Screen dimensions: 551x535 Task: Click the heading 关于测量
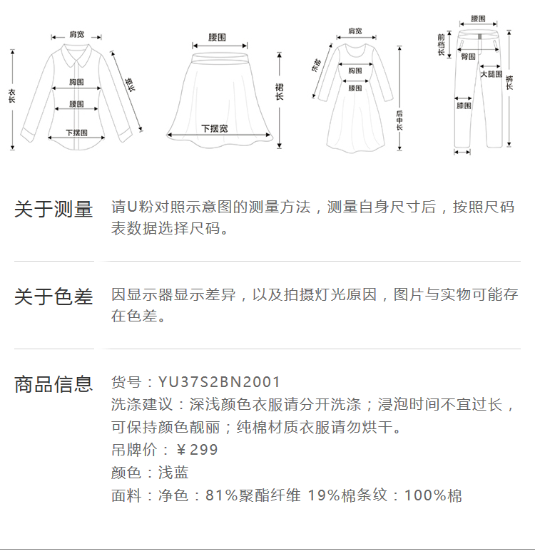click(x=53, y=210)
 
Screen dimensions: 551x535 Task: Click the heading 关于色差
click(x=53, y=297)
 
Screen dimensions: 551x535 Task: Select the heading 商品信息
click(x=53, y=384)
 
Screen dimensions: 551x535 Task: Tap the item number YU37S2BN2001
click(x=220, y=382)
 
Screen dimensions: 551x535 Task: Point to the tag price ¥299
click(x=197, y=450)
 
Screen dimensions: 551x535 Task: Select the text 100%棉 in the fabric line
click(x=433, y=495)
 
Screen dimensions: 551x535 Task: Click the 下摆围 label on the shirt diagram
click(x=76, y=133)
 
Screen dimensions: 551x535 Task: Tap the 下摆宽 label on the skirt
click(x=214, y=128)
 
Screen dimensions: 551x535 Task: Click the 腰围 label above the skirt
click(x=218, y=37)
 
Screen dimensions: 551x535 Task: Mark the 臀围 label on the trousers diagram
click(x=468, y=56)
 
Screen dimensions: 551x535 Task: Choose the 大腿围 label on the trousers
click(x=491, y=74)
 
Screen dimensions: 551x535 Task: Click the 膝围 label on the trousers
click(x=464, y=105)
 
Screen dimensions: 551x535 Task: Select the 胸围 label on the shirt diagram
click(x=77, y=83)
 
